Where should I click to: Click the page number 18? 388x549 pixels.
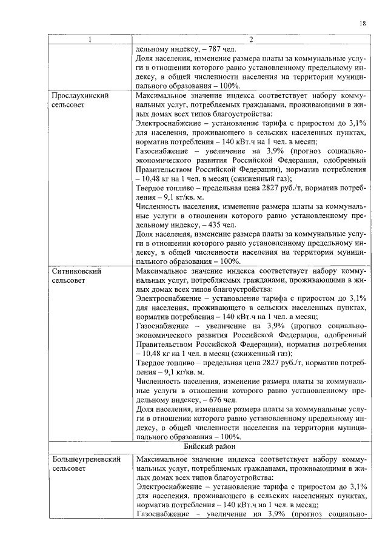362,23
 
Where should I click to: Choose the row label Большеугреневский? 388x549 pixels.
85,460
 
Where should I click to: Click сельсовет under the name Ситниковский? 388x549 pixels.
70,281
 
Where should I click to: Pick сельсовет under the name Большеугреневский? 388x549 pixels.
70,470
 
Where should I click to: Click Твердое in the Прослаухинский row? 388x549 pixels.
152,187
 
